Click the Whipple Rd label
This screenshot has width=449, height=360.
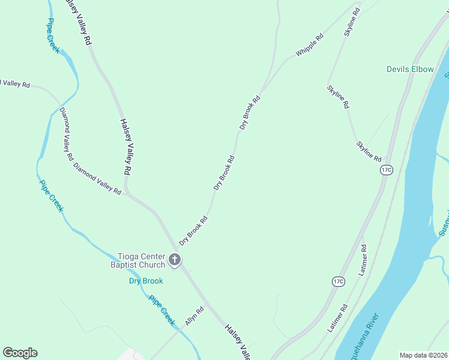coord(309,45)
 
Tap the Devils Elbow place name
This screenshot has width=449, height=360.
coord(410,69)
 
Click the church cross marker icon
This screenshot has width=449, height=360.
coord(175,260)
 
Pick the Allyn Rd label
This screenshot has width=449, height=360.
coord(194,316)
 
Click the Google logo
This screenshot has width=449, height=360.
coord(20,353)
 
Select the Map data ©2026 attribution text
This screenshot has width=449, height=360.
coord(423,355)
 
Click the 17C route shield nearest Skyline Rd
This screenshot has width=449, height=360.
coord(387,170)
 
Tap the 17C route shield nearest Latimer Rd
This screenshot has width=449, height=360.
coord(339,281)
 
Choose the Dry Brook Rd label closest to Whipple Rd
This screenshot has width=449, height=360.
coord(250,113)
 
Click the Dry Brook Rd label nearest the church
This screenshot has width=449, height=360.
coord(193,230)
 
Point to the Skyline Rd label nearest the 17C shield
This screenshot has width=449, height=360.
coord(369,151)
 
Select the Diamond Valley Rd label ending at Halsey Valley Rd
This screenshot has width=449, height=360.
coord(97,179)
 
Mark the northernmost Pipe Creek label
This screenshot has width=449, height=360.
coord(53,36)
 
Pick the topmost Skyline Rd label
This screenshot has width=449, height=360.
coord(352,22)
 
